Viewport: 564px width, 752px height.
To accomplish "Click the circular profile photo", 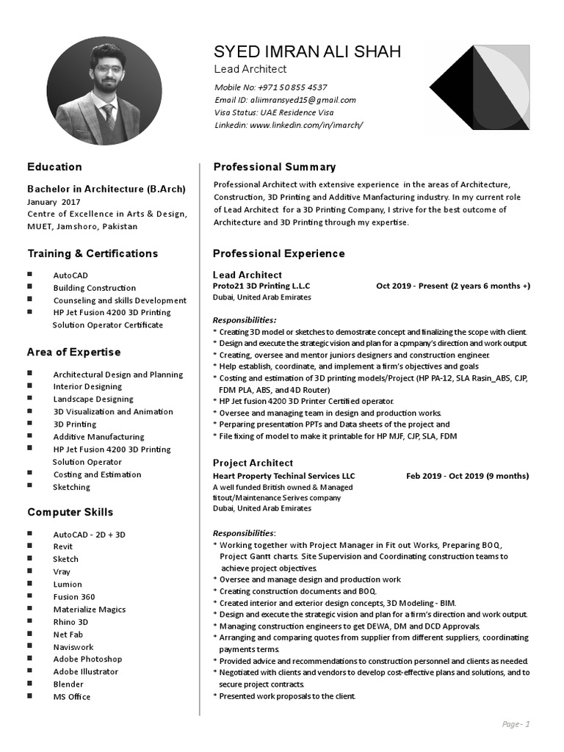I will pos(104,94).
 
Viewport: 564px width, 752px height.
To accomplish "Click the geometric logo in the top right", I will pos(479,87).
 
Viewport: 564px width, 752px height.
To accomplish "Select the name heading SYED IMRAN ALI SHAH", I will pos(307,51).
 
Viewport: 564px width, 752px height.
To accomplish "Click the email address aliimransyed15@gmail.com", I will pos(305,100).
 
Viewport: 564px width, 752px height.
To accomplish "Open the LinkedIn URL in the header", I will pos(306,125).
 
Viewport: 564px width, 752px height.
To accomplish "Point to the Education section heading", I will pos(54,167).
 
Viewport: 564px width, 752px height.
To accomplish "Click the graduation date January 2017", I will pos(54,202).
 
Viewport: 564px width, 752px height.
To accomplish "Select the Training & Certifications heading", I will pos(93,253).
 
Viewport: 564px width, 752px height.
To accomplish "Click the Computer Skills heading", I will pos(70,512).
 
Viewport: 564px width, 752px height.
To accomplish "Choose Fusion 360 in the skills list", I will pos(74,597).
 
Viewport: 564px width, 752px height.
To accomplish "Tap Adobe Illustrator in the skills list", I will pos(85,671).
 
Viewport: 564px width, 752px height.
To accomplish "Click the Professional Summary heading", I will pos(274,167).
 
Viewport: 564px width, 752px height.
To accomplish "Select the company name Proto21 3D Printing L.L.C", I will pos(261,286).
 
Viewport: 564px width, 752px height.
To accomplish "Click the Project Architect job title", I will pos(253,463).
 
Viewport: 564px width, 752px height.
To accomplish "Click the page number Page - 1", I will pos(516,724).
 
